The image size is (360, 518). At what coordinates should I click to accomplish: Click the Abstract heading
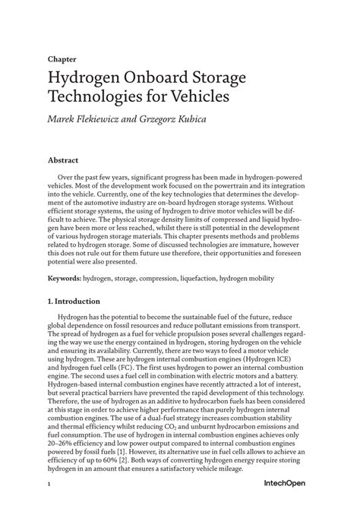(x=65, y=162)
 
